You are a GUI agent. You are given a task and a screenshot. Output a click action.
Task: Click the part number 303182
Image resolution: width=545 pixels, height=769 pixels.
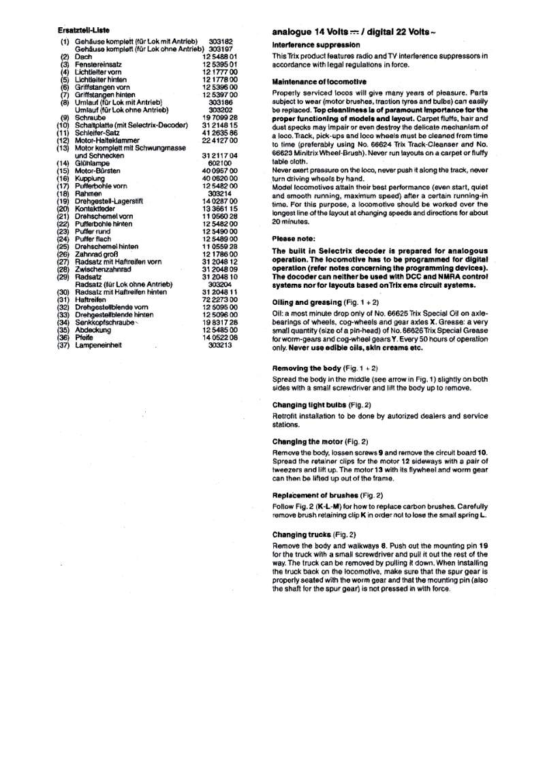(221, 42)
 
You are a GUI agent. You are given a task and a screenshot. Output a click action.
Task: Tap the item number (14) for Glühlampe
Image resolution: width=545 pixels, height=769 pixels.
(63, 163)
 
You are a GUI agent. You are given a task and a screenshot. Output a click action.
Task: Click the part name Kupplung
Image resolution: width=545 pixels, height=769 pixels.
(89, 178)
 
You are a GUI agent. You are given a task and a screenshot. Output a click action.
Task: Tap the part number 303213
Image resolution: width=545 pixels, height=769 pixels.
(220, 345)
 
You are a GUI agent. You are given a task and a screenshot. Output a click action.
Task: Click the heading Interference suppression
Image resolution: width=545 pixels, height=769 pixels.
(316, 45)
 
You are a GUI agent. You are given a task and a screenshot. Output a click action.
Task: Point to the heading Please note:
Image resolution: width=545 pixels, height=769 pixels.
(294, 239)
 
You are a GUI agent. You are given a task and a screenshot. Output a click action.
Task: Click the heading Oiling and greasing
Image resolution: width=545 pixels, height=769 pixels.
(306, 301)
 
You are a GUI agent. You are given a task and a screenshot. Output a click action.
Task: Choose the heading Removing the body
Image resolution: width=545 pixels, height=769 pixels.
(307, 367)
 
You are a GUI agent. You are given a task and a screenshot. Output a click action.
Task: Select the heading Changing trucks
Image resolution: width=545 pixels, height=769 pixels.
(303, 534)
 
